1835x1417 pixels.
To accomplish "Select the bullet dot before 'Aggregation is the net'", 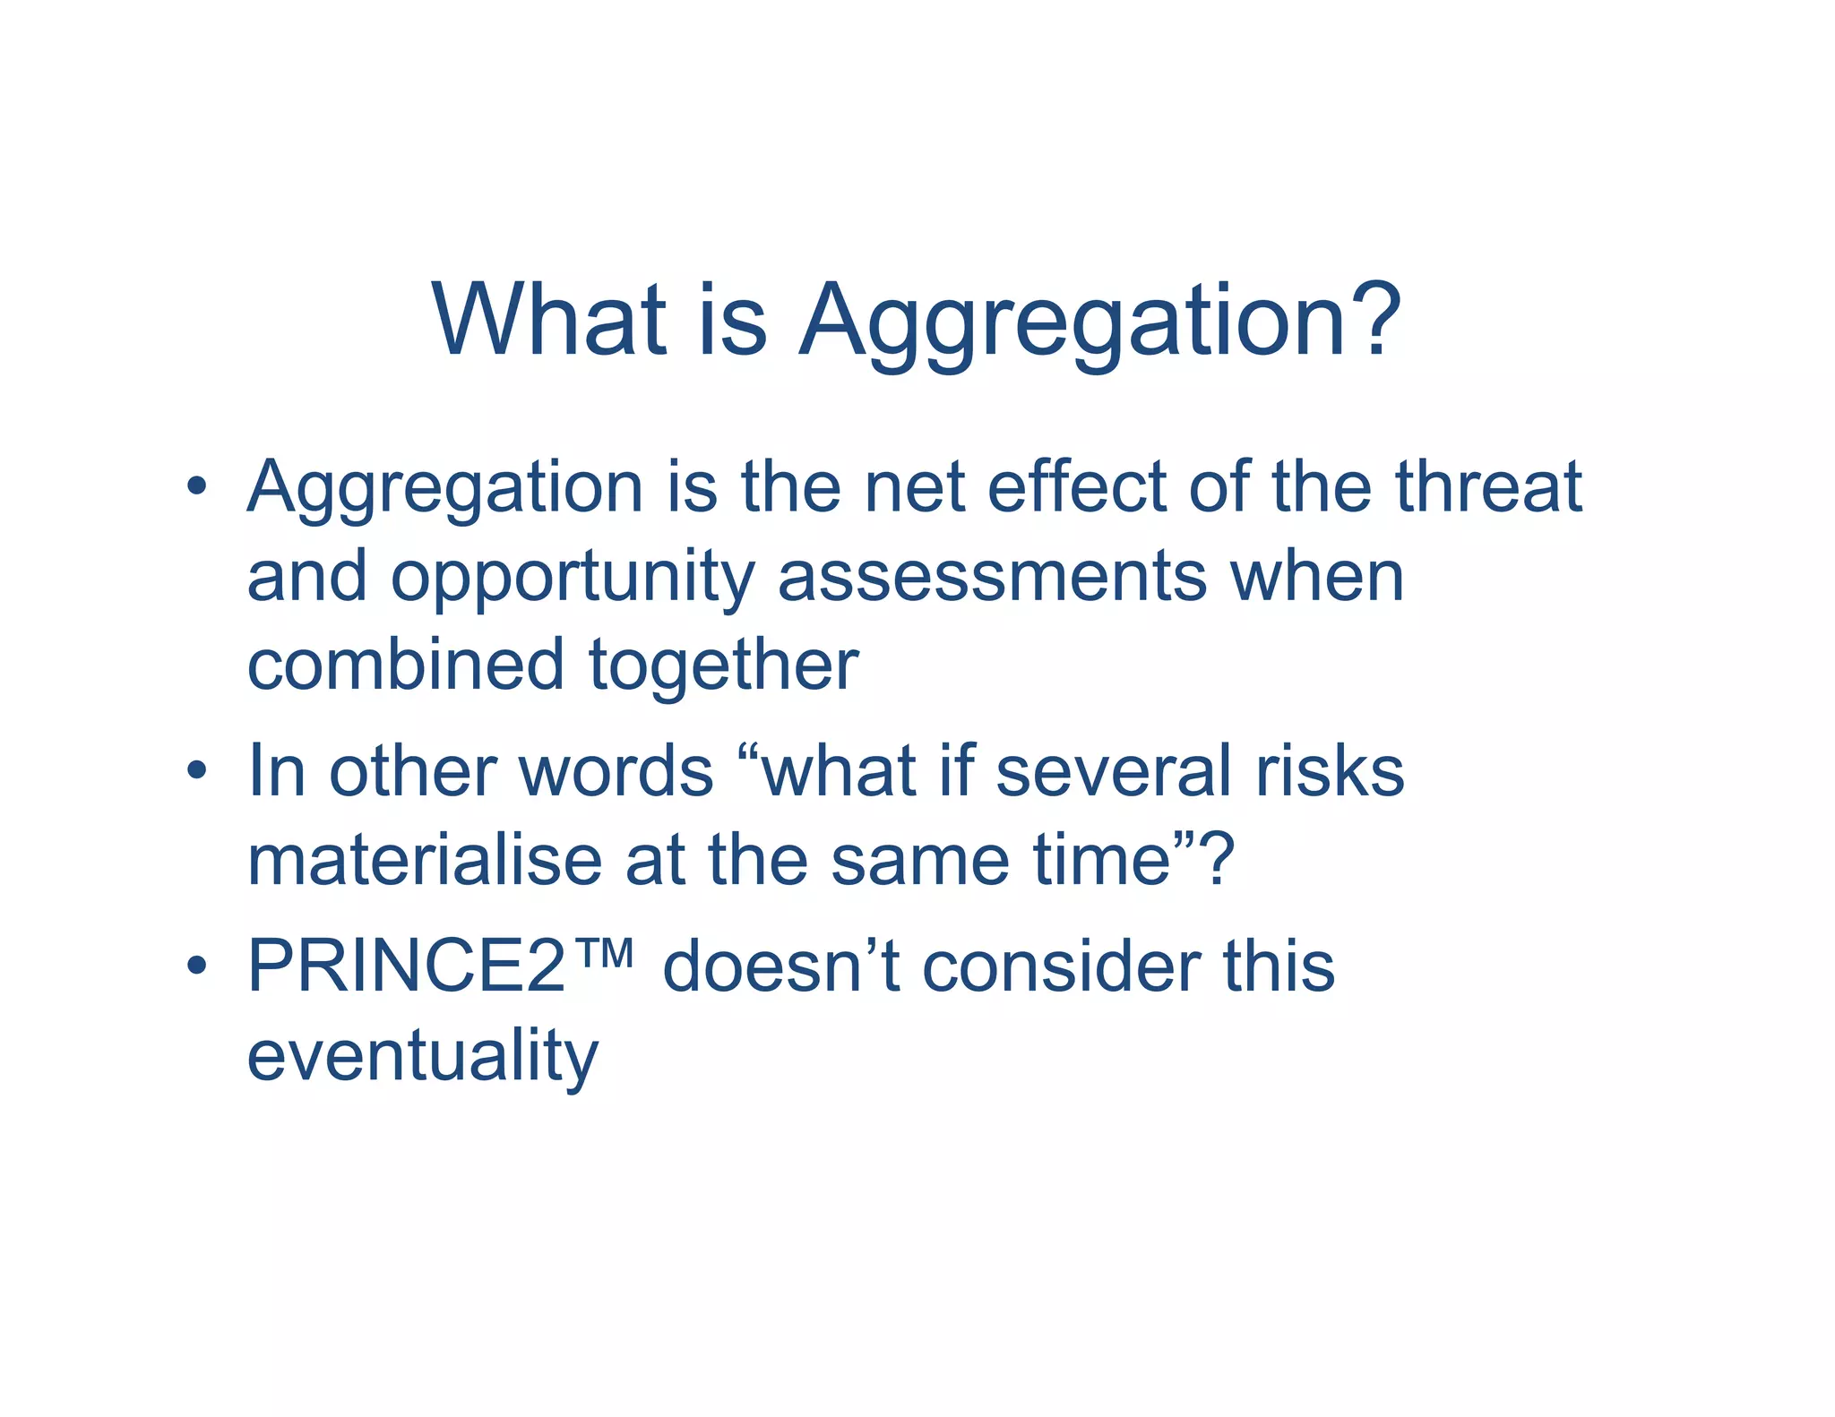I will click(x=197, y=488).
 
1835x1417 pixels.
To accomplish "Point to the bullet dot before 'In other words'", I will click(x=197, y=771).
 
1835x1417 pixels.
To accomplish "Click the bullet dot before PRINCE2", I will click(x=197, y=966).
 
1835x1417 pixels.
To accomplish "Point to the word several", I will click(x=1113, y=771).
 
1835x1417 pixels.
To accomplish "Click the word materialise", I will click(x=424, y=860).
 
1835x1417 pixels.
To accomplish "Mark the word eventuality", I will click(x=422, y=1058).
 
